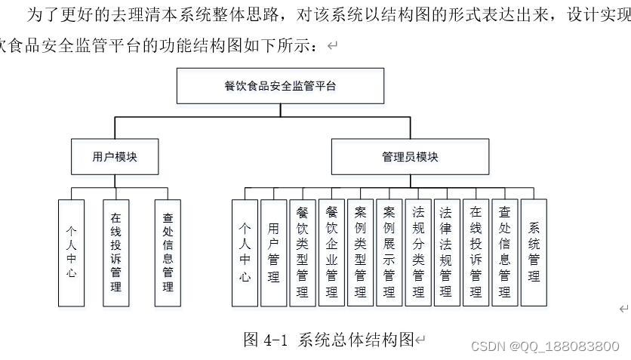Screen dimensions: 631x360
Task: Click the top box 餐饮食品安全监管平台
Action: point(280,86)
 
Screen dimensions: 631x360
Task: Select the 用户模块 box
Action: point(115,156)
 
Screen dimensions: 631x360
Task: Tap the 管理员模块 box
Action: point(410,156)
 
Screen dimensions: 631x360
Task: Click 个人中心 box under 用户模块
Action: point(71,253)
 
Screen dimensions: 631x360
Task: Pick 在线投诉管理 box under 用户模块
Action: point(116,253)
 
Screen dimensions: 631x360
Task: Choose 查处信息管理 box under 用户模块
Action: point(168,253)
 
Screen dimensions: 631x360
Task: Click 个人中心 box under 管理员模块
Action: point(245,253)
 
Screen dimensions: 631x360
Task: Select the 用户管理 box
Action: point(274,253)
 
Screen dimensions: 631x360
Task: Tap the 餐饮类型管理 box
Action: point(303,253)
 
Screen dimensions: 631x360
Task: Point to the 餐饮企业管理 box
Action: point(331,253)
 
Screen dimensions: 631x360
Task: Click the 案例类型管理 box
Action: point(360,253)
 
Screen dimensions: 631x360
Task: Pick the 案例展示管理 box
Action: point(389,253)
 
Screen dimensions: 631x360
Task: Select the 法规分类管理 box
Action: point(418,253)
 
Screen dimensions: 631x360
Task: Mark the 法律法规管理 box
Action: point(447,253)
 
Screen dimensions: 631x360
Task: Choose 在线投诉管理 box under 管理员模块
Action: point(476,253)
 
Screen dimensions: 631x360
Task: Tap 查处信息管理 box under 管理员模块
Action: point(505,253)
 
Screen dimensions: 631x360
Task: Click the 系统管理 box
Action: point(534,253)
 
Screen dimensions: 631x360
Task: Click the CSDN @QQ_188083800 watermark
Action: point(545,346)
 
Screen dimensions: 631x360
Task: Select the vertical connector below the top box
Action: point(281,110)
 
